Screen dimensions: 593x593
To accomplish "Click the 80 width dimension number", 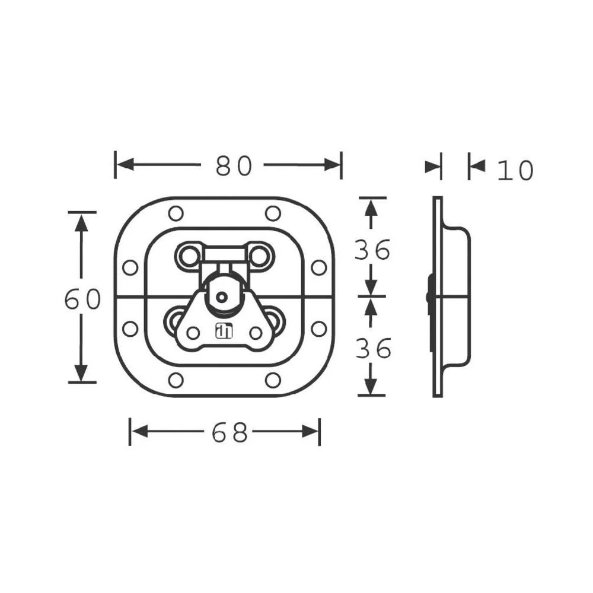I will tap(234, 167).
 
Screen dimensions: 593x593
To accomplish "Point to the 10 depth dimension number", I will tap(515, 171).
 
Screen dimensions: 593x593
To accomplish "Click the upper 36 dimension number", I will tap(372, 250).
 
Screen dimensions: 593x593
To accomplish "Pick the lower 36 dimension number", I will tap(372, 349).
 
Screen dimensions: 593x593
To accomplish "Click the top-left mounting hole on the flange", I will tap(176, 213).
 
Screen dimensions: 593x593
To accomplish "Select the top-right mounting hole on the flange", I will tap(272, 213).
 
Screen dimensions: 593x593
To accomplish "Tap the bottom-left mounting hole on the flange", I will tap(176, 380).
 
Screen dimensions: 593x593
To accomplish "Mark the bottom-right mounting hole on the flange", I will tap(272, 380).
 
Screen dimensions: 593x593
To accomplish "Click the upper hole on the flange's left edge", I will tap(130, 267).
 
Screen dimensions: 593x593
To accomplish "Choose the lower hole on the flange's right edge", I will tap(318, 329).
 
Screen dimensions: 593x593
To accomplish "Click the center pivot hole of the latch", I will tap(222, 297).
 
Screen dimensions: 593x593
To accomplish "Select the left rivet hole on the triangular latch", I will tap(193, 333).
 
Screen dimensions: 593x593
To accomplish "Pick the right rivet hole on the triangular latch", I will tap(256, 333).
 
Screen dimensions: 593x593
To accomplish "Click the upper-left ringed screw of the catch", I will tap(189, 256).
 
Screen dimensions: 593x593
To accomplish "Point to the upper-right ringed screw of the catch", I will tap(259, 256).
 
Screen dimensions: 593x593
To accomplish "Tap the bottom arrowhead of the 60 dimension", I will tap(82, 374).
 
